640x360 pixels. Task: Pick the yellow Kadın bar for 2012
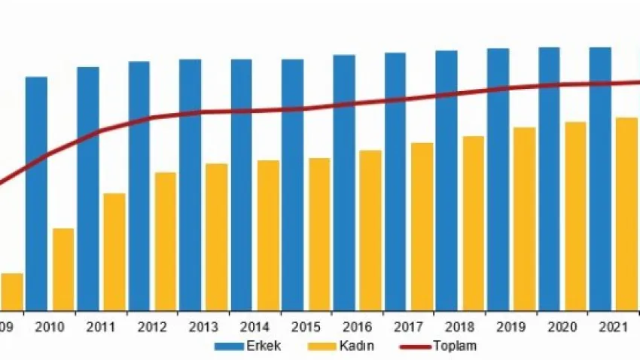point(166,241)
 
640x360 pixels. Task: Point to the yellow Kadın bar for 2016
point(370,230)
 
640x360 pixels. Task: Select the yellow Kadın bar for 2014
point(268,235)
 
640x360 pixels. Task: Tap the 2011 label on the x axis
point(101,328)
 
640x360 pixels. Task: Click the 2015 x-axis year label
point(306,328)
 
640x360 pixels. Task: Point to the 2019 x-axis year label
point(510,328)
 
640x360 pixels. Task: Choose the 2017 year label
point(408,328)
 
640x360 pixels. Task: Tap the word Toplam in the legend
point(455,346)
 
